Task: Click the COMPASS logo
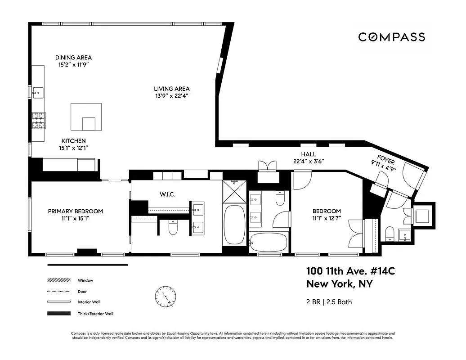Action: point(391,37)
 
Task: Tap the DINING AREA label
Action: point(73,58)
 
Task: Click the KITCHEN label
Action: point(74,141)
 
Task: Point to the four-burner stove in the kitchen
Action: point(38,120)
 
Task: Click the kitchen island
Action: point(86,117)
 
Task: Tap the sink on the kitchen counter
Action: point(37,92)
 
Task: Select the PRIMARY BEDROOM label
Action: point(76,211)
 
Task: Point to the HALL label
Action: point(308,154)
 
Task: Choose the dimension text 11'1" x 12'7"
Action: point(327,219)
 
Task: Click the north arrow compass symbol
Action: point(165,297)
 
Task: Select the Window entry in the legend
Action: point(85,280)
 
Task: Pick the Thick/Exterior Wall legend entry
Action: point(95,314)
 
